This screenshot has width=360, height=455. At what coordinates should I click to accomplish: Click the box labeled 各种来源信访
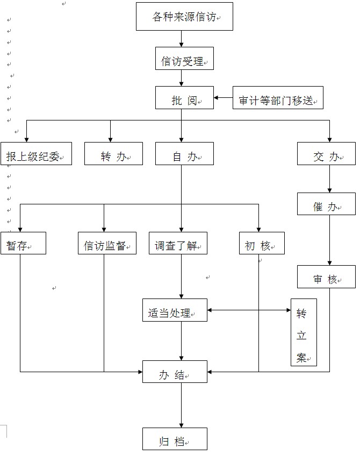click(184, 17)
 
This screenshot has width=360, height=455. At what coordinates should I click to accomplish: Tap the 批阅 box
click(184, 98)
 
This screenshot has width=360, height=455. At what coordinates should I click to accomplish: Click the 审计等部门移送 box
click(278, 98)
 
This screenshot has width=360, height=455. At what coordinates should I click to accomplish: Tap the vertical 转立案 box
click(304, 332)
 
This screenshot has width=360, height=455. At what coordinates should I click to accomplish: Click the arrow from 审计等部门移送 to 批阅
click(223, 98)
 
